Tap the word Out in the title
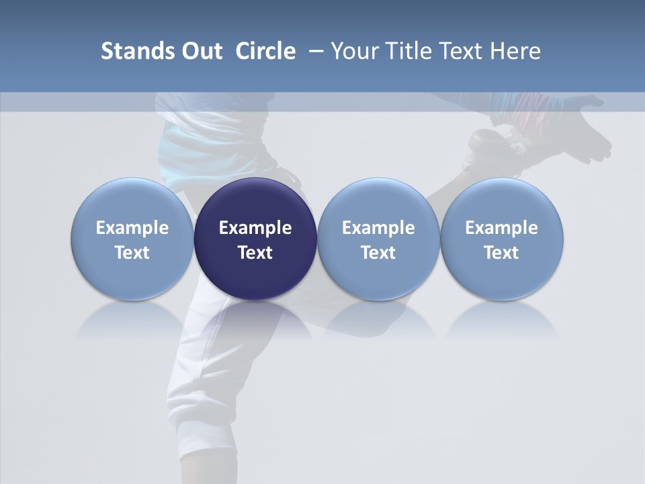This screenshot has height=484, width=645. coord(200,51)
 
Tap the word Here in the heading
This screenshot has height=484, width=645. coord(514,51)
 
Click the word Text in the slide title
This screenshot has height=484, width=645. coord(460,51)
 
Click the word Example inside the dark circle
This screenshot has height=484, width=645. coord(255,228)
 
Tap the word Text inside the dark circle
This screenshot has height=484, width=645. coord(255,253)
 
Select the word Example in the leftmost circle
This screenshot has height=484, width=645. coord(132,228)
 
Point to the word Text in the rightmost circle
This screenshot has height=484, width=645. coord(501,253)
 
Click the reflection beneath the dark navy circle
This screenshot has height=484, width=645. coord(255,319)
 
